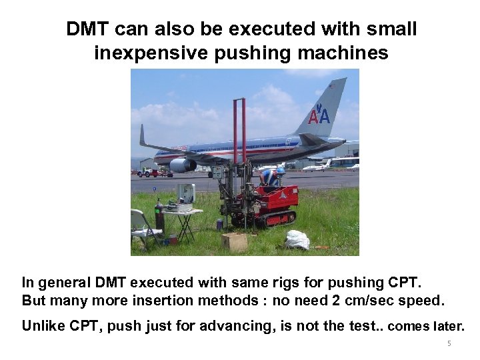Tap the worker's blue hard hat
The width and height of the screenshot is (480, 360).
pos(281,171)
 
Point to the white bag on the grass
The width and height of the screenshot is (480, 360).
pos(297,239)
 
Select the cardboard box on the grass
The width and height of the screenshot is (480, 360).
pos(235,241)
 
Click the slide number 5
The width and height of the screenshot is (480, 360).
pos(449,344)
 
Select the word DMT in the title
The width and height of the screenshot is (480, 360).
pos(88,29)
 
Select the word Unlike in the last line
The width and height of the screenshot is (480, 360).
pos(41,326)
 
